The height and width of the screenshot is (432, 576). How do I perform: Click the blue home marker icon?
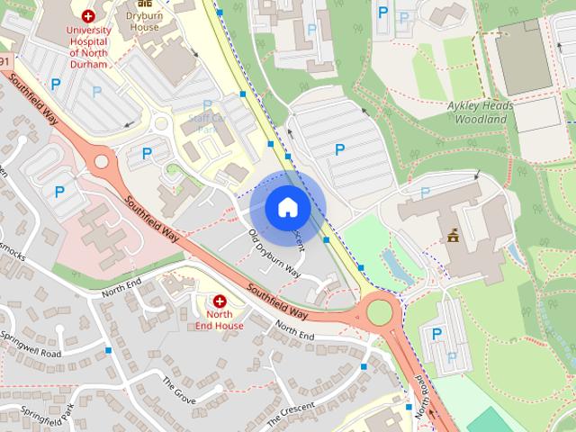(x=287, y=208)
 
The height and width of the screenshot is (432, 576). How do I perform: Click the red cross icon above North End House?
(x=219, y=301)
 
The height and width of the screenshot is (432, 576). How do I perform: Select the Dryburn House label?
(x=143, y=22)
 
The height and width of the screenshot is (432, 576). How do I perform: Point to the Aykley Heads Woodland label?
(x=479, y=112)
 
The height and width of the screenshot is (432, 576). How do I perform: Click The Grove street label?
(x=178, y=389)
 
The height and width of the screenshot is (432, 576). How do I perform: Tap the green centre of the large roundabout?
(x=380, y=313)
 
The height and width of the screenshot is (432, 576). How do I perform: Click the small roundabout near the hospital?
(x=101, y=163)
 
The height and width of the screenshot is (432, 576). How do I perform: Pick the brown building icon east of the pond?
(x=453, y=237)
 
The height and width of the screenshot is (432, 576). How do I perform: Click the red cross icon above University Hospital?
(x=88, y=15)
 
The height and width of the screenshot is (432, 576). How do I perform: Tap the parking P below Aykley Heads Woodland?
(x=425, y=193)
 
